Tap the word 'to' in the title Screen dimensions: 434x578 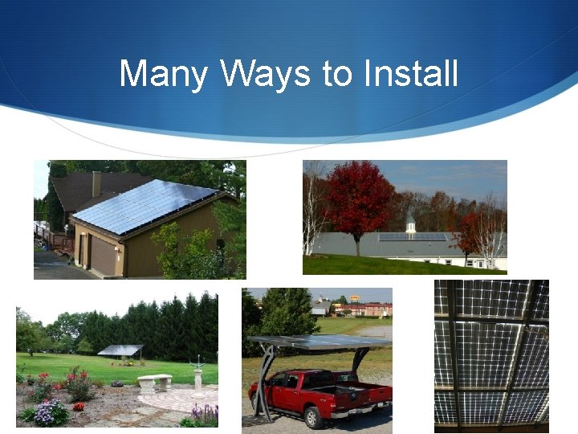[x=337, y=74]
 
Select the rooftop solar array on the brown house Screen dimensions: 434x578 [x=144, y=206]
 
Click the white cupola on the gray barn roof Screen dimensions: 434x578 [x=410, y=223]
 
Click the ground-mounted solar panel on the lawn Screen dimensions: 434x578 [x=120, y=350]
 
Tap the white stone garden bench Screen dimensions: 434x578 [x=154, y=381]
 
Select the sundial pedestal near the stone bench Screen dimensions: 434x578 [x=197, y=378]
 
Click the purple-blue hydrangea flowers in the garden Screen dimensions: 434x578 [x=51, y=412]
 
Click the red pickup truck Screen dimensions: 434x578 [x=321, y=389]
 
